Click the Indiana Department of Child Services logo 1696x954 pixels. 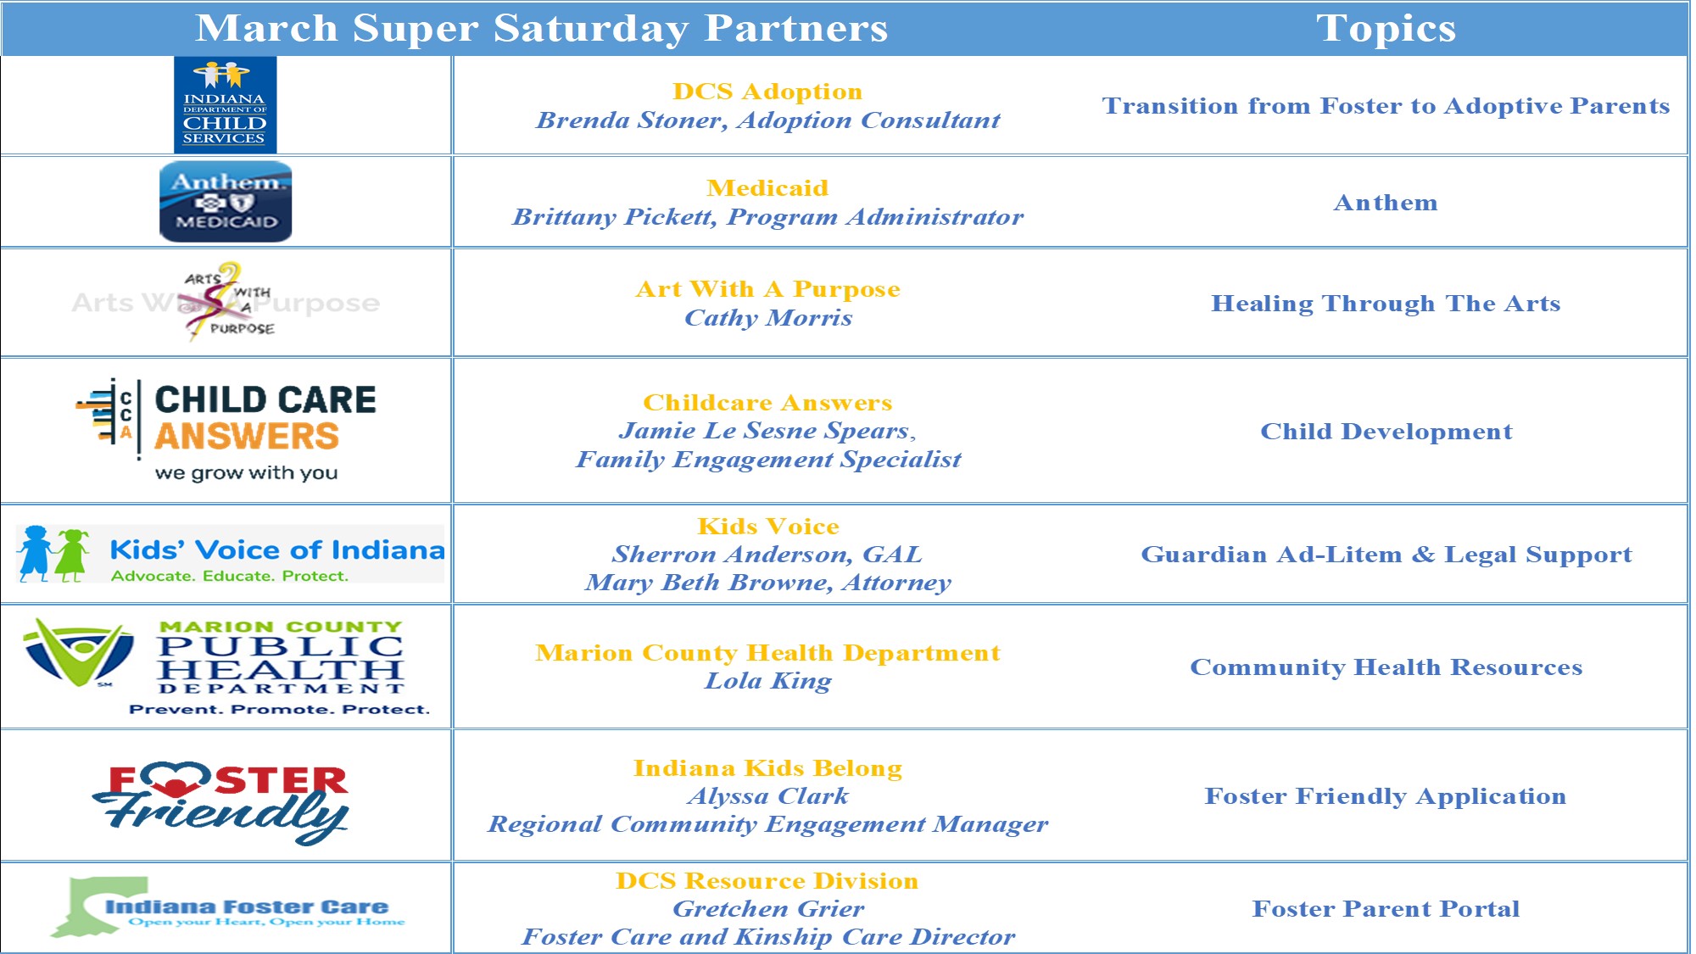(x=225, y=104)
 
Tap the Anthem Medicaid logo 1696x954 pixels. (x=226, y=202)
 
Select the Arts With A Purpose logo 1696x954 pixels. (x=226, y=302)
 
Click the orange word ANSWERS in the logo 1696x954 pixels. (x=247, y=436)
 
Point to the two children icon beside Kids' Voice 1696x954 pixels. (x=53, y=554)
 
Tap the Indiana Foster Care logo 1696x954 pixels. (x=227, y=907)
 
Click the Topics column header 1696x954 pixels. (x=1386, y=28)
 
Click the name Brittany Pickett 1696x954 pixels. (x=614, y=217)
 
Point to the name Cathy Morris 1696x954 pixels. (x=768, y=318)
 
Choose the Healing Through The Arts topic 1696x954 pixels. (x=1386, y=304)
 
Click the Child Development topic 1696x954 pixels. (x=1386, y=432)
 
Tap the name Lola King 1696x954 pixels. (x=768, y=681)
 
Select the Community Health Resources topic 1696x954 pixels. (x=1386, y=667)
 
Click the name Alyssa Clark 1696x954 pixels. (x=768, y=796)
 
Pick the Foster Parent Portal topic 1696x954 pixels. (x=1386, y=909)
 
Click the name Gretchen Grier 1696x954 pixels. (x=768, y=909)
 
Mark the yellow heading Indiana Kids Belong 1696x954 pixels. (x=768, y=768)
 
